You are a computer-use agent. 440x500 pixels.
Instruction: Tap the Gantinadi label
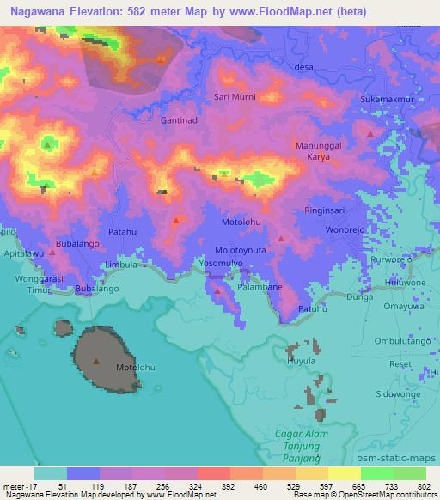click(x=180, y=120)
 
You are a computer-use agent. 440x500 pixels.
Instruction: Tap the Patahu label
click(x=123, y=232)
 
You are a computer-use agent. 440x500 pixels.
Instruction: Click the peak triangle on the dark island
click(x=96, y=361)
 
